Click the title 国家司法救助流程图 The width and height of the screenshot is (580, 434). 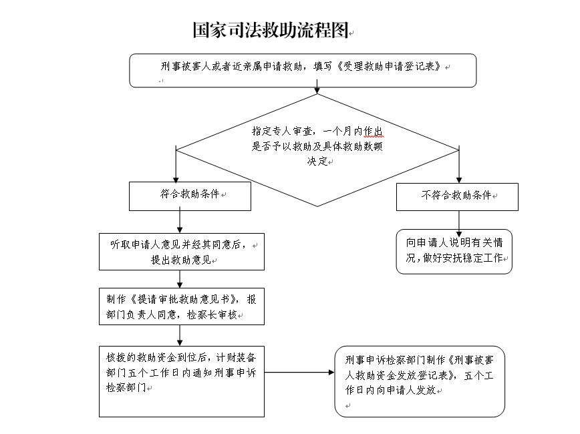click(x=270, y=30)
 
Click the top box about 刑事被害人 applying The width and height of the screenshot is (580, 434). click(x=303, y=70)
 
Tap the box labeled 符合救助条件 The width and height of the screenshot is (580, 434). click(x=181, y=196)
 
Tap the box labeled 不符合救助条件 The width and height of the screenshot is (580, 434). click(x=458, y=196)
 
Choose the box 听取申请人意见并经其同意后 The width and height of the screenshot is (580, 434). click(x=181, y=252)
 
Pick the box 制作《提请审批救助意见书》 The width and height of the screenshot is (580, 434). click(x=181, y=306)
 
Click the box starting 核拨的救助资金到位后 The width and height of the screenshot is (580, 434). click(x=181, y=381)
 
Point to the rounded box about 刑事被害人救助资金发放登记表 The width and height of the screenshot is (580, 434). click(x=419, y=381)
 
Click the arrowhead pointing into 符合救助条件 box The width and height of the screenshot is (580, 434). click(x=176, y=178)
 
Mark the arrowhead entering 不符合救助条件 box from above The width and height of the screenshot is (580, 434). click(x=458, y=178)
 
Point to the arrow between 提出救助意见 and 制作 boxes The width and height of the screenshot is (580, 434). click(x=180, y=279)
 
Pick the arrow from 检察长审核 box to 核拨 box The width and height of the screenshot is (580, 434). click(x=180, y=335)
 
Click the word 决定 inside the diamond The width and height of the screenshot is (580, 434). click(x=317, y=161)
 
